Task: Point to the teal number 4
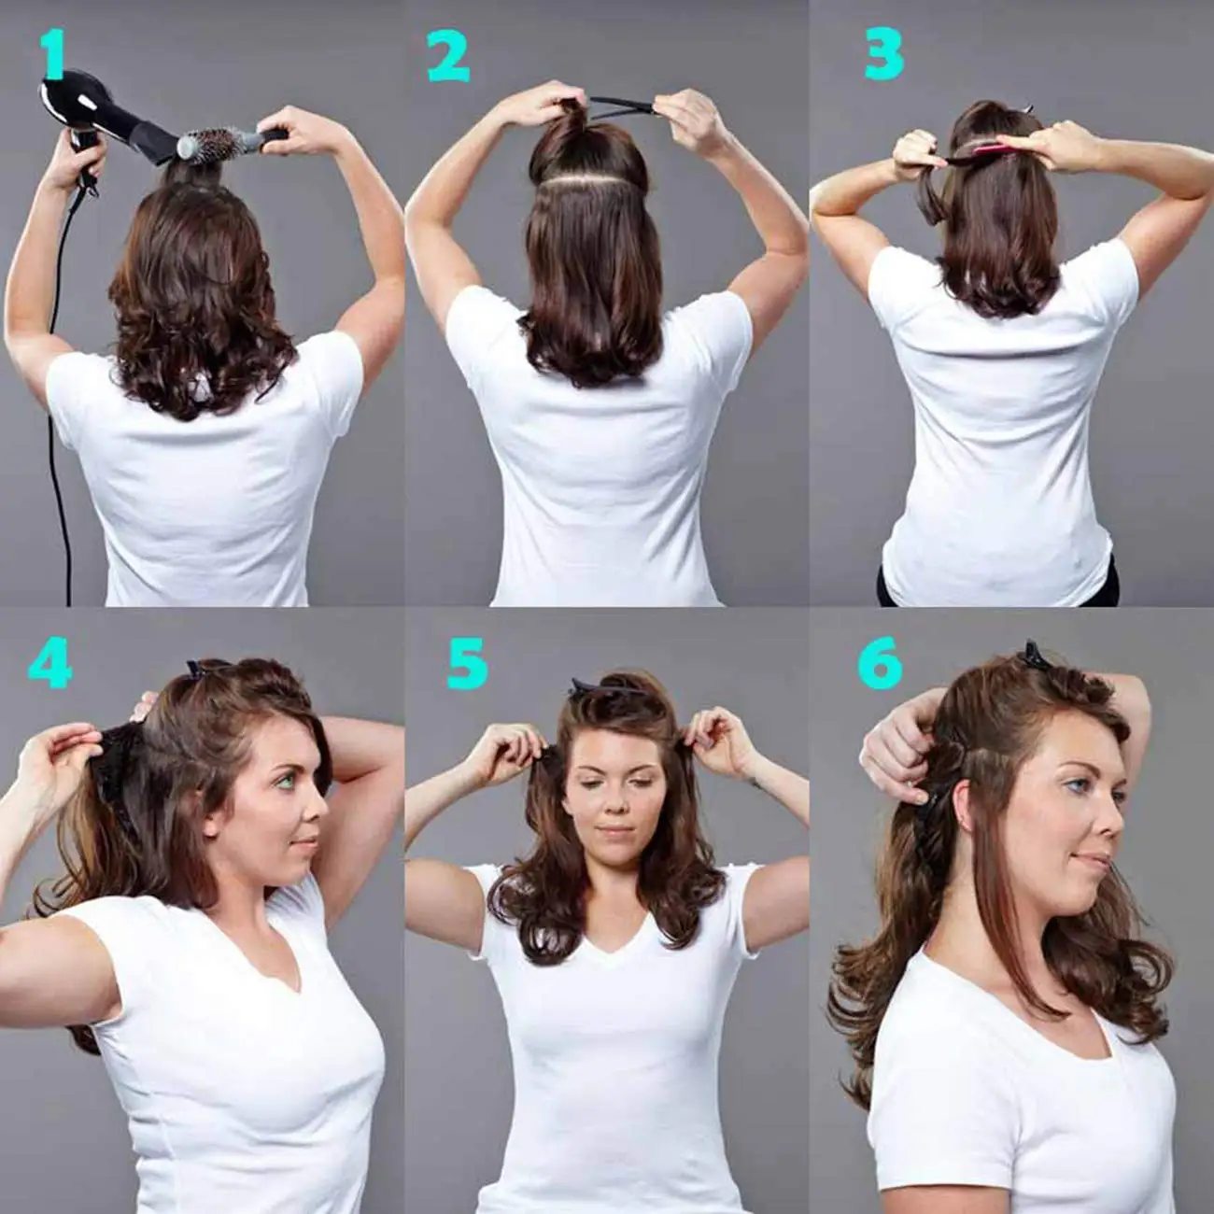[x=49, y=664]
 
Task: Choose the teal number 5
[x=467, y=665]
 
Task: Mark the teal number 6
[x=880, y=664]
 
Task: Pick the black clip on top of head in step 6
[x=1037, y=657]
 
